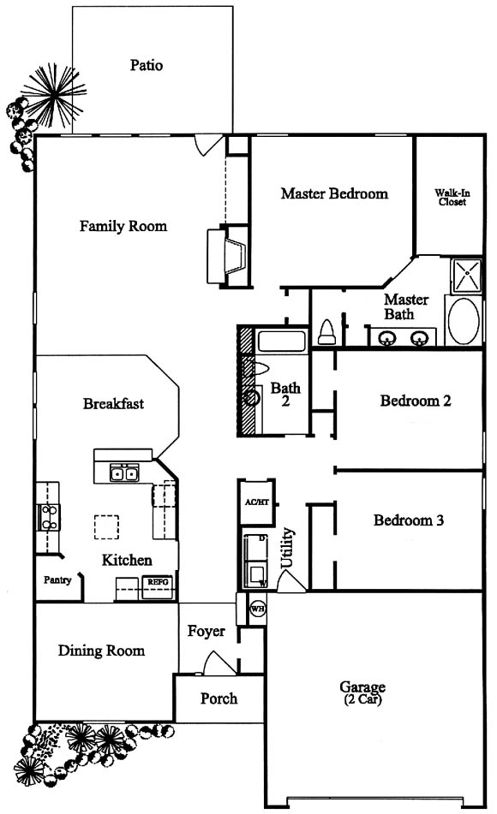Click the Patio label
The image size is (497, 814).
pyautogui.click(x=146, y=65)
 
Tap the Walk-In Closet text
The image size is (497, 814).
pyautogui.click(x=452, y=197)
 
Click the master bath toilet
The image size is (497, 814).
pyautogui.click(x=326, y=332)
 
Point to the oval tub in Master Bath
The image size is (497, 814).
pyautogui.click(x=464, y=321)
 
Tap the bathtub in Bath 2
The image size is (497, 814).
pyautogui.click(x=282, y=341)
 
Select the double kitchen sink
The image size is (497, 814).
pyautogui.click(x=124, y=473)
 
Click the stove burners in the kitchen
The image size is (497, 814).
pyautogui.click(x=49, y=517)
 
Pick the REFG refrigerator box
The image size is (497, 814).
pyautogui.click(x=158, y=586)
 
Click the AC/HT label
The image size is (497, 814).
pyautogui.click(x=257, y=502)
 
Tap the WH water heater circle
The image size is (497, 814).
pyautogui.click(x=258, y=609)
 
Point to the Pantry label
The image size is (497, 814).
pyautogui.click(x=57, y=579)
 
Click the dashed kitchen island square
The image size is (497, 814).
pyautogui.click(x=106, y=527)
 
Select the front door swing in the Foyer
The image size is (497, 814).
pyautogui.click(x=219, y=663)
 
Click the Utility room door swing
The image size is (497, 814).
pyautogui.click(x=291, y=581)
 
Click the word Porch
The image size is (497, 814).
pyautogui.click(x=219, y=698)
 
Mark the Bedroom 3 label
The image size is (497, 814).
pyautogui.click(x=409, y=520)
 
